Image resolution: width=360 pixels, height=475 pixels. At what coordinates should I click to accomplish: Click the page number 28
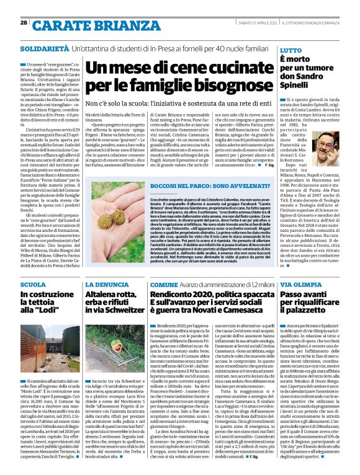point(23,22)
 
